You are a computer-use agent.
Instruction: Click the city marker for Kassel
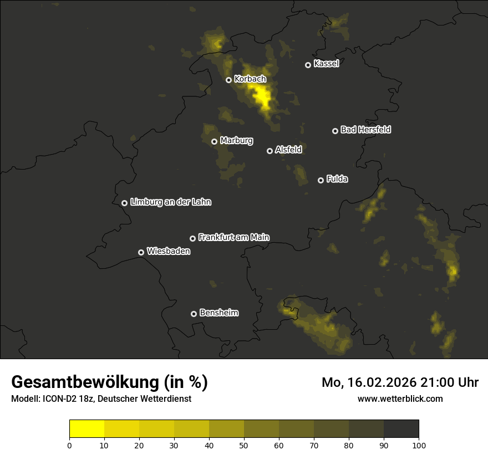(308, 65)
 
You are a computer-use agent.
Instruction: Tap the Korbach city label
(250, 79)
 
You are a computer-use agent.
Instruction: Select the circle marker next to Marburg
(214, 141)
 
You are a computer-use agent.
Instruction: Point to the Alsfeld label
(288, 150)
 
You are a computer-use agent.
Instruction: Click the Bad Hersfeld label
(365, 130)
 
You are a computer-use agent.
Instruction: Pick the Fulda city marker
(321, 180)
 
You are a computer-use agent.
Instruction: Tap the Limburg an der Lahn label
(170, 202)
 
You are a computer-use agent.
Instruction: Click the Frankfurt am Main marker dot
(192, 238)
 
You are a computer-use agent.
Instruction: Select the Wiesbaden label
(168, 251)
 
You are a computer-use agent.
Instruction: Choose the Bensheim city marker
(194, 314)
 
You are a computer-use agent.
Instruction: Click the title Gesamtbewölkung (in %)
(109, 382)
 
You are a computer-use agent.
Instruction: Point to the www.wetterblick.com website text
(400, 398)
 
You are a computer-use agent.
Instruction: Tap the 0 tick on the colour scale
(69, 445)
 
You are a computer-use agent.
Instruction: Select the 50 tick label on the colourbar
(244, 445)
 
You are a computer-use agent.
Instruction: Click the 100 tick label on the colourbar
(419, 445)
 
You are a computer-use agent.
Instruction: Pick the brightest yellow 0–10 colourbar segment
(87, 429)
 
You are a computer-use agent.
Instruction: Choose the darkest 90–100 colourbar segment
(401, 429)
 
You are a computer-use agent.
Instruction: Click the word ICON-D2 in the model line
(57, 399)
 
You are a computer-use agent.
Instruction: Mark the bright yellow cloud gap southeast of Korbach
(262, 97)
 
